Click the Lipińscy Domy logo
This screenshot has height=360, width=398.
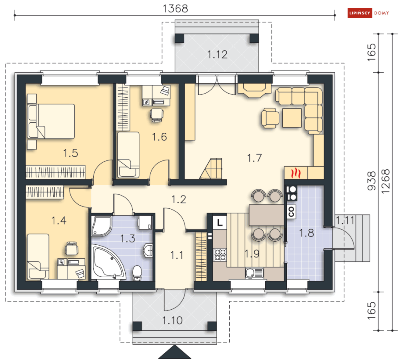[x=368, y=13]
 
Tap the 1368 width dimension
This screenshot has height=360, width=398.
[x=175, y=9]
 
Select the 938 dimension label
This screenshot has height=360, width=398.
[x=372, y=181]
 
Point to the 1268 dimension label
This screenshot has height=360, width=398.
[x=385, y=181]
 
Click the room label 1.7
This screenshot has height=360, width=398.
[x=254, y=158]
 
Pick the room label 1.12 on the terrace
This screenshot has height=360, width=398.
[x=217, y=54]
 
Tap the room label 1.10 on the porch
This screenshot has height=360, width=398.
[x=172, y=321]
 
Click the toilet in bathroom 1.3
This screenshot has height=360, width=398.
[x=137, y=273]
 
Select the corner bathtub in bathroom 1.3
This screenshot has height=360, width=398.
[x=108, y=262]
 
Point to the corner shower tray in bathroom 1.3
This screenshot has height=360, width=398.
[x=101, y=226]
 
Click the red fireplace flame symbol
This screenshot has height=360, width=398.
[x=296, y=173]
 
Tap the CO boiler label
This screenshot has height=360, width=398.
[x=291, y=212]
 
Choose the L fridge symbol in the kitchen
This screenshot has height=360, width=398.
[x=220, y=223]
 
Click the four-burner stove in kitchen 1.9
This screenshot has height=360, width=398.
[x=220, y=255]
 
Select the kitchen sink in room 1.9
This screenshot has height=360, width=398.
[x=254, y=273]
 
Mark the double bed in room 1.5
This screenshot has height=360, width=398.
[x=51, y=121]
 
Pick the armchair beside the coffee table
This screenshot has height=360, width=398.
[x=270, y=118]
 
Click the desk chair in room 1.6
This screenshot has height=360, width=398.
[x=157, y=115]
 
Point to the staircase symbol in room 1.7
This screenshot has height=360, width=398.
[x=212, y=168]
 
